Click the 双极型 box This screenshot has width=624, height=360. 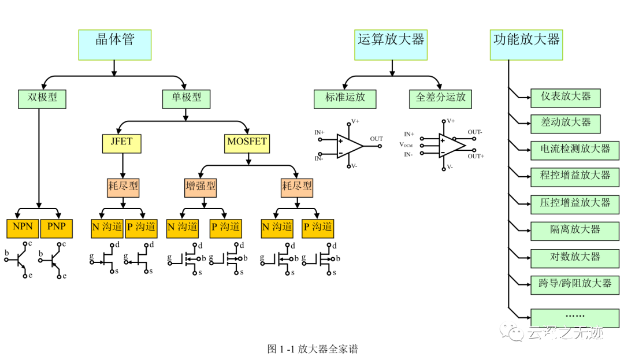tap(42, 98)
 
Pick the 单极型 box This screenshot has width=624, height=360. tap(185, 98)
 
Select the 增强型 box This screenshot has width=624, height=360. tap(200, 187)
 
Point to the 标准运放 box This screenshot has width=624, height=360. tap(345, 98)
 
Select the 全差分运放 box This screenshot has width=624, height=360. tap(441, 98)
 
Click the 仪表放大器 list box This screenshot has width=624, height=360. tap(566, 97)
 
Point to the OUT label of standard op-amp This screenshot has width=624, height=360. tap(377, 139)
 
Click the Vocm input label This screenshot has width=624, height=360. tap(406, 144)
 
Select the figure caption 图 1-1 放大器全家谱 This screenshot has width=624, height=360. tap(312, 348)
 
